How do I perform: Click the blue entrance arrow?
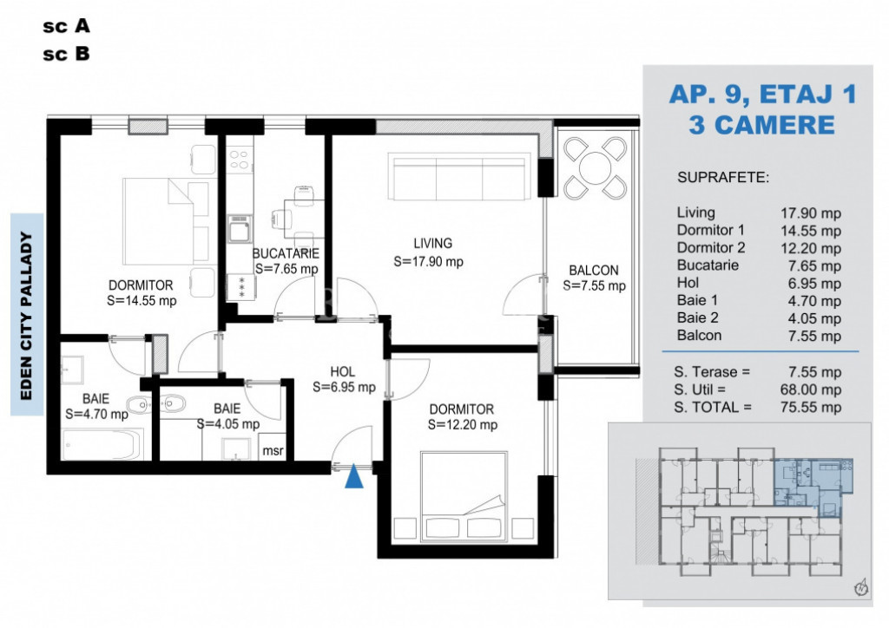pyautogui.click(x=353, y=477)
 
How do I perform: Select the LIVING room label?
pyautogui.click(x=432, y=244)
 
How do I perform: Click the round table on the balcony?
pyautogui.click(x=593, y=167)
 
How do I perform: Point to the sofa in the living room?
pyautogui.click(x=460, y=177)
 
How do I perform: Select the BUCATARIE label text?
pyautogui.click(x=286, y=253)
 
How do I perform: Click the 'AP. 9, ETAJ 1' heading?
pyautogui.click(x=762, y=94)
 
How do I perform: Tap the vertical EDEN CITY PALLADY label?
pyautogui.click(x=26, y=315)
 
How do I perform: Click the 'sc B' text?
pyautogui.click(x=66, y=54)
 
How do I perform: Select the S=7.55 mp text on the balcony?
pyautogui.click(x=594, y=285)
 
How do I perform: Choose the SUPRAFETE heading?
pyautogui.click(x=722, y=178)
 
